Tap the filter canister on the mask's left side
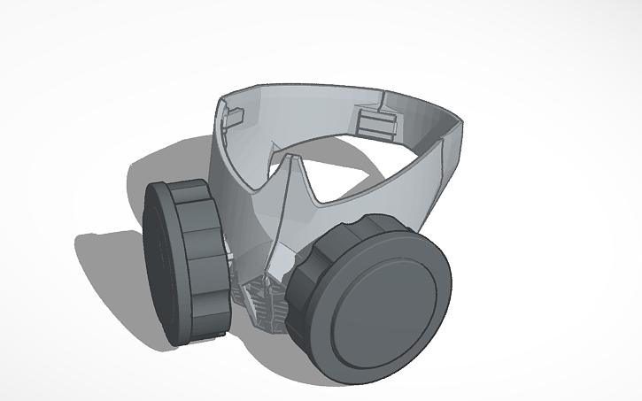click(186, 262)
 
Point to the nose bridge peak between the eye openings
click(290, 160)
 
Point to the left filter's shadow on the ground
click(106, 266)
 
